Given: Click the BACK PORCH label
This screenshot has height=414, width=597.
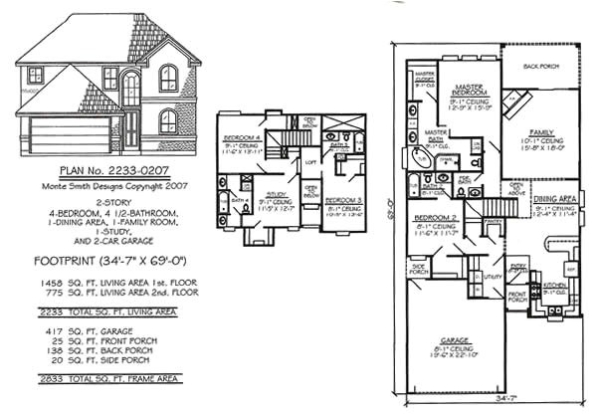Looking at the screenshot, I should (x=541, y=68).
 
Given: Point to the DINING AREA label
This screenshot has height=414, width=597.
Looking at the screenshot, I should (x=554, y=197).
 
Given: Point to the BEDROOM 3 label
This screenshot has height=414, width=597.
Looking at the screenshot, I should (x=343, y=202).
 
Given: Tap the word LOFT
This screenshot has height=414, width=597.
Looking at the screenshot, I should (x=310, y=162).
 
